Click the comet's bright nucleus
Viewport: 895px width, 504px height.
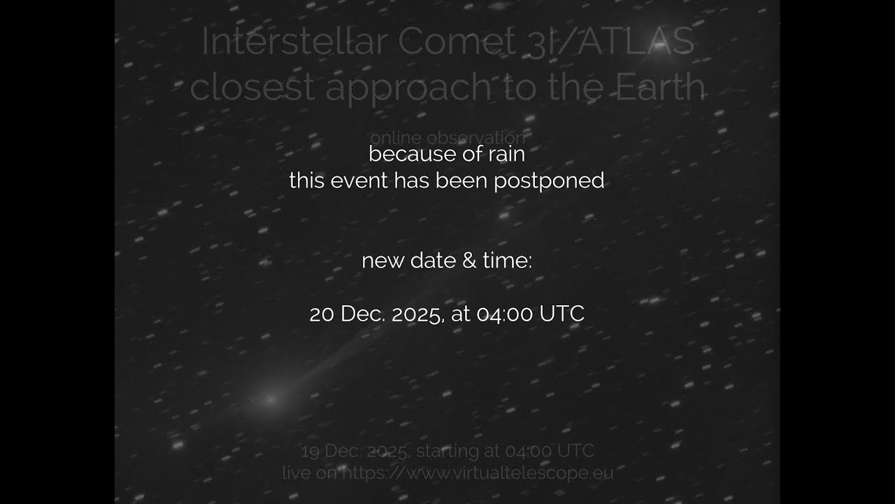[271, 400]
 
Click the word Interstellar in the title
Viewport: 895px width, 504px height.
[294, 42]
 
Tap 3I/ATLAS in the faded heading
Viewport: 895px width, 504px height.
[615, 42]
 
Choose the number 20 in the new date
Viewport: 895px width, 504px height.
[322, 314]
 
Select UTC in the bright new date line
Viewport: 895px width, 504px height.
[561, 314]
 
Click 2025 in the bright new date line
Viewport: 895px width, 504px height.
[417, 314]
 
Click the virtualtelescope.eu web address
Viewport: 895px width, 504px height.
[475, 473]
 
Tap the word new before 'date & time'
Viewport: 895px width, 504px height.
[382, 261]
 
